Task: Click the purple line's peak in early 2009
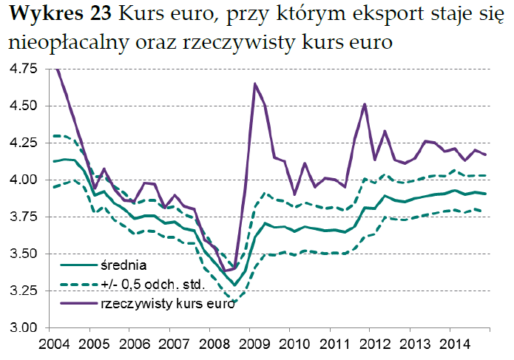pyautogui.click(x=255, y=84)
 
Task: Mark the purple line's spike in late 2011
pyautogui.click(x=365, y=104)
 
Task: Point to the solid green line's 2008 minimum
pyautogui.click(x=234, y=285)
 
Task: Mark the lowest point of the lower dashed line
pyautogui.click(x=234, y=302)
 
